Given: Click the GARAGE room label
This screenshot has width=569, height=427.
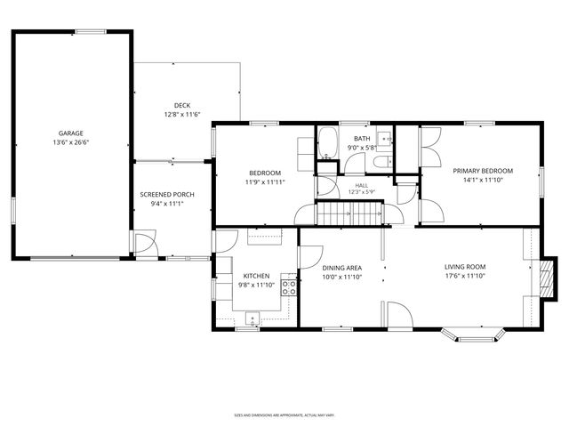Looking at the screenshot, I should coord(71,133).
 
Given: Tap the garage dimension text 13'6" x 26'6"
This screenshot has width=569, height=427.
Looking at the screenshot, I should coord(71,141).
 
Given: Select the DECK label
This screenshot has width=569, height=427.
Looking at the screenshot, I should coord(182,106).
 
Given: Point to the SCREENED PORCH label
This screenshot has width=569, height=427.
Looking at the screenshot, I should coord(167,195).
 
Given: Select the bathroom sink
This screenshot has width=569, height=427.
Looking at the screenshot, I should coord(385,138).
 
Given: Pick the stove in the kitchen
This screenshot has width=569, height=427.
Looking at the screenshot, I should coord(289,286).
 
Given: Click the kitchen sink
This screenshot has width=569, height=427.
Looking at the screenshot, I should coord(252,318).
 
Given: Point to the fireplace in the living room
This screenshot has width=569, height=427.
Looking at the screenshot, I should coord(546,278).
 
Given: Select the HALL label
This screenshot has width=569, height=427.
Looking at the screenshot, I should coord(361,185).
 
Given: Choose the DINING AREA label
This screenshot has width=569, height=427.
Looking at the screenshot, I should coord(341,268).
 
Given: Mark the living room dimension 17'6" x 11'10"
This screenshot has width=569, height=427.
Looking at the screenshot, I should coord(465,277).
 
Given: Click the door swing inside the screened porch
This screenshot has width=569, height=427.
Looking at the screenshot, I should coord(144,241).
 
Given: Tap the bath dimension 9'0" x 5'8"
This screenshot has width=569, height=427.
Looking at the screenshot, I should coord(361,149).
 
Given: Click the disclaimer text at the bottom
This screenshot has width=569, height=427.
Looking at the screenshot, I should coord(284,415).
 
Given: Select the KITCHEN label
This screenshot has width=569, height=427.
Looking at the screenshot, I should coord(257,277).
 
